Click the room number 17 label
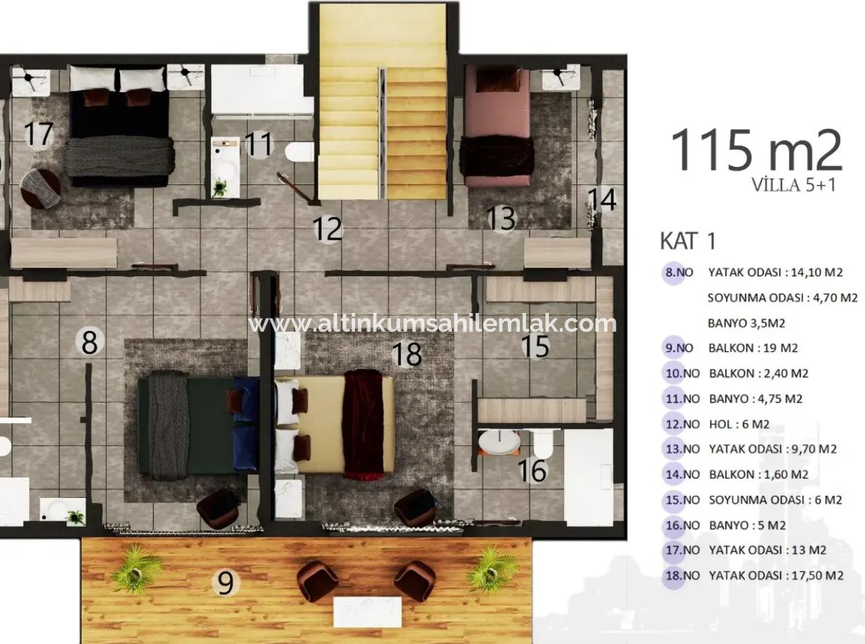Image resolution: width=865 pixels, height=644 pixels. click(x=39, y=134)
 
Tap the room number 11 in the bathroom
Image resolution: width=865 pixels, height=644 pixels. click(x=259, y=145)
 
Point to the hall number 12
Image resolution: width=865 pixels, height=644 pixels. click(x=327, y=229)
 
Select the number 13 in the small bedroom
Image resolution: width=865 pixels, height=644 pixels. click(x=501, y=218)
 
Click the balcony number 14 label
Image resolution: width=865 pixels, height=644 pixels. click(x=601, y=199)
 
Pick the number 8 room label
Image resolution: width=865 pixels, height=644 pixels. click(x=90, y=342)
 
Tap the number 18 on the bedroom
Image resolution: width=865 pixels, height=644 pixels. click(x=406, y=355)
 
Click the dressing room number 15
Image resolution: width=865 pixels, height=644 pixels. click(x=535, y=347)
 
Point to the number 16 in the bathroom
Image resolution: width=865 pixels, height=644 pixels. click(x=532, y=471)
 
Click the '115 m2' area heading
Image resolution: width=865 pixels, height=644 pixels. click(x=756, y=150)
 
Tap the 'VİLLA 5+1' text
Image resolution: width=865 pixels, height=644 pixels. click(x=793, y=185)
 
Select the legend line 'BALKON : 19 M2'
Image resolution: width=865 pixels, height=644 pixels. click(x=758, y=348)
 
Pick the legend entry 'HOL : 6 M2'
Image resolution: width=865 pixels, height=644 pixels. click(x=738, y=424)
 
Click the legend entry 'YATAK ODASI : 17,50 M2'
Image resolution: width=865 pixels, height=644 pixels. click(x=776, y=575)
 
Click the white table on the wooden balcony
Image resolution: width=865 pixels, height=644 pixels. click(x=367, y=611)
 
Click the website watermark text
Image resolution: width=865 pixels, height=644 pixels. click(x=432, y=323)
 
